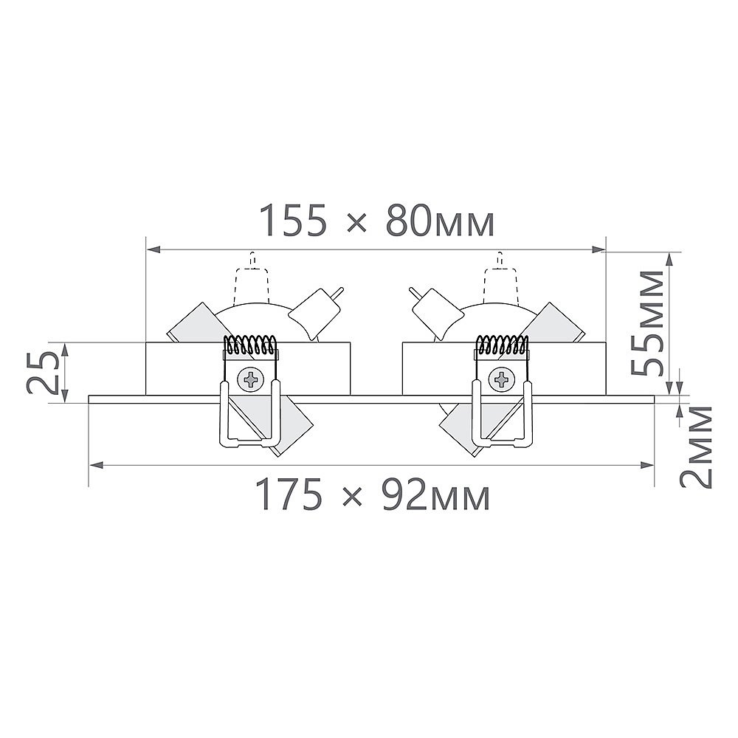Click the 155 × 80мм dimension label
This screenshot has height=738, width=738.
377,220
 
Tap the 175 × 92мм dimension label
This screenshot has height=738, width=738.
373,494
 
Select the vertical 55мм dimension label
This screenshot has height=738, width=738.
648,323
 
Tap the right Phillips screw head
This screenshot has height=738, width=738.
501,379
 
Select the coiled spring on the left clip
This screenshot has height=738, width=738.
249,344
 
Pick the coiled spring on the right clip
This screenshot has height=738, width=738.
502,344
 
